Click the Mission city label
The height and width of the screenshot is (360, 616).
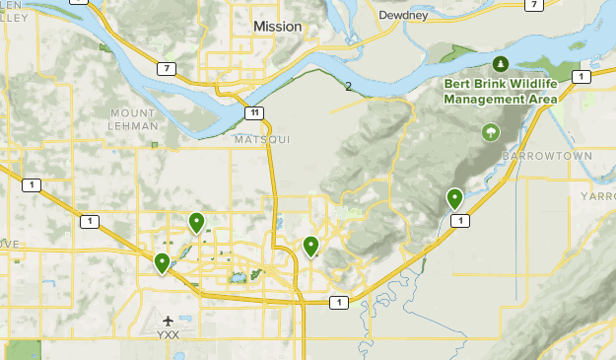coord(277,27)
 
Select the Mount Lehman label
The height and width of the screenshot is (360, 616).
coord(133,119)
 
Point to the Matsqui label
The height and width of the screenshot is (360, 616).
coord(262,141)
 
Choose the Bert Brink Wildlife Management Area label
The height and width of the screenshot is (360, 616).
coord(501,92)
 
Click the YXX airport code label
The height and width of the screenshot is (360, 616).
coord(170,335)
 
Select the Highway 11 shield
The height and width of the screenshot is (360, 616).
coord(255,113)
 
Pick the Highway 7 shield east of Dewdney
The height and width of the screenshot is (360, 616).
coord(533,5)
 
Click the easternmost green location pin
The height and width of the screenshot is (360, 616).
coord(454,199)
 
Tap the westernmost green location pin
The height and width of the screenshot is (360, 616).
coord(162,263)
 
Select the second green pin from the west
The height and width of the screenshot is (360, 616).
coord(197,224)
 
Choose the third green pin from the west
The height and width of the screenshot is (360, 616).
coord(311,247)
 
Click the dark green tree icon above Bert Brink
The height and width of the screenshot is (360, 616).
coord(501,65)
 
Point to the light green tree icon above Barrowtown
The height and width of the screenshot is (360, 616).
coord(489,132)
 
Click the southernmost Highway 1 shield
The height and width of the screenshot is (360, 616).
coord(339,303)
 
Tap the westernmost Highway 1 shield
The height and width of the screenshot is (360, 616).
coord(33,184)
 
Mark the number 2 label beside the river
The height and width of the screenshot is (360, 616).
coord(348,87)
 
